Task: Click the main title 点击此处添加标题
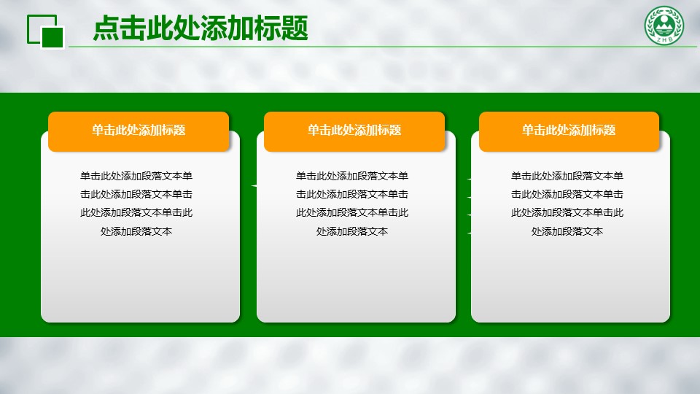(x=201, y=28)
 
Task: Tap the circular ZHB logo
(x=664, y=26)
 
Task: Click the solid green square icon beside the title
(x=52, y=36)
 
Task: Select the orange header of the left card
(x=139, y=131)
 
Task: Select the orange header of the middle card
(x=354, y=131)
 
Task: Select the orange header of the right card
(x=569, y=131)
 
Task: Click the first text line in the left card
(x=136, y=176)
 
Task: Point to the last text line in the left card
(x=136, y=231)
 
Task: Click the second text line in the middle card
(x=351, y=194)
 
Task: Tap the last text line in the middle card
(x=351, y=231)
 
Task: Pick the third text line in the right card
(x=567, y=212)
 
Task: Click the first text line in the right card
(x=567, y=176)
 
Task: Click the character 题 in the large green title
(x=295, y=28)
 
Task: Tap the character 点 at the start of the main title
(x=106, y=28)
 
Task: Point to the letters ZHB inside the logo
(x=664, y=39)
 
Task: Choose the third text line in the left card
(x=136, y=212)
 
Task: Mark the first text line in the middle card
(x=351, y=176)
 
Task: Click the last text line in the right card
(x=567, y=231)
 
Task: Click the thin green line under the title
(x=383, y=47)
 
